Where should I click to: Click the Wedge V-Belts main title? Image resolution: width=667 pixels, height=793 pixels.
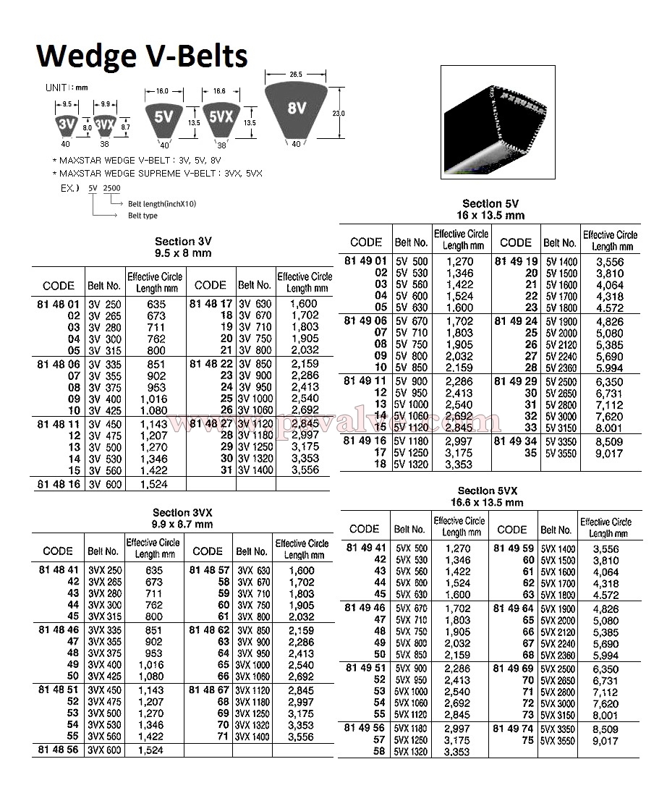pos(142,56)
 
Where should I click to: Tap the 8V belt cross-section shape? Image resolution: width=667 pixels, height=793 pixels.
pos(297,110)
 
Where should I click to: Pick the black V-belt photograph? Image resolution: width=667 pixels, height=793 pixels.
pos(502,121)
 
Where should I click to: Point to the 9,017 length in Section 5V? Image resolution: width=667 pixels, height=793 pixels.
pos(609,453)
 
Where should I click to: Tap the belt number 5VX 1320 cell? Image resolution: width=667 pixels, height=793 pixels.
pos(410,752)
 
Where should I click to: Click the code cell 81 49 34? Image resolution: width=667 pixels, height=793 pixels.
pos(514,441)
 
